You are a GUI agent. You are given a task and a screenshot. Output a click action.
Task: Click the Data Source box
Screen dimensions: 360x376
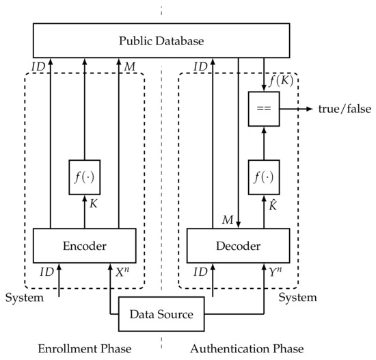(161, 315)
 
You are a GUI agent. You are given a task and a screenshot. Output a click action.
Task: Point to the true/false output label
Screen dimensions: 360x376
(340, 109)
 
